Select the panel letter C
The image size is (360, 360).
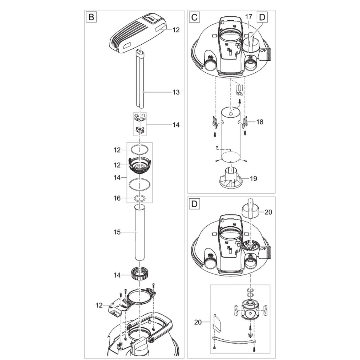coord(195,17)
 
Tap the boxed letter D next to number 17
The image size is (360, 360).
coord(262,17)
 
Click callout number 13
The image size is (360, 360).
coord(176,92)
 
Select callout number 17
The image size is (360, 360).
coord(248,17)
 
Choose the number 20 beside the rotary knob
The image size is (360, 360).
coord(268,213)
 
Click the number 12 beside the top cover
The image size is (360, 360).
coord(176,31)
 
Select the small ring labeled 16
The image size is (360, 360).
coord(140,198)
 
